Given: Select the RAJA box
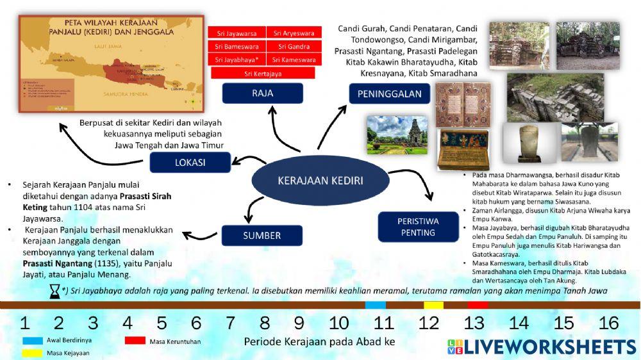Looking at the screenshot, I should pos(262,94).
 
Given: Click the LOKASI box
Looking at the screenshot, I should pos(190,162).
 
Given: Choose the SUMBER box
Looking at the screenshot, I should pos(262,235).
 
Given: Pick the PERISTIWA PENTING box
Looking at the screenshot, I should pos(418,226).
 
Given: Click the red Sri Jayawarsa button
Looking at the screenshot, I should pos(236,33).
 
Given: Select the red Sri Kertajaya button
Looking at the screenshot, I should pos(263,74).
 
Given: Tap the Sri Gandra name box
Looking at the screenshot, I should pos(294,47).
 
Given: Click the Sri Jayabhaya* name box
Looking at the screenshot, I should pos(236,60).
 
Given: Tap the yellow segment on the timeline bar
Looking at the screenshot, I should pos(433,305).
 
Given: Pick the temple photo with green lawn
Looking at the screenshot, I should pos(397,135).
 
